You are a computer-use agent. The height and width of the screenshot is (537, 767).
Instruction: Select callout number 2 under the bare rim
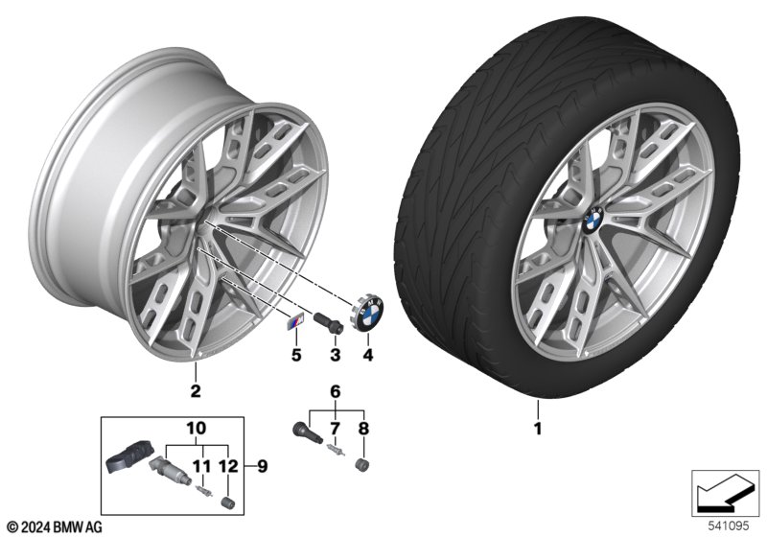click(195, 389)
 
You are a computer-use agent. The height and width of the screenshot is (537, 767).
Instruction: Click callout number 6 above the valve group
click(336, 391)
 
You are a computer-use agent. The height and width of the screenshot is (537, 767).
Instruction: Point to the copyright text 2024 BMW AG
click(56, 527)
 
